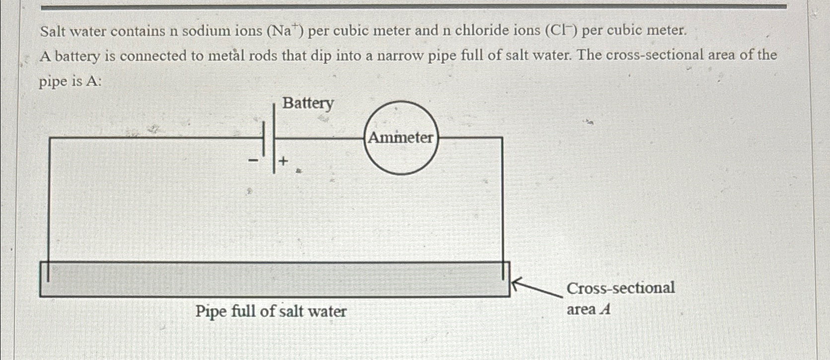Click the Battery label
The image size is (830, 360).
tap(308, 104)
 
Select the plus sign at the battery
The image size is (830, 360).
tap(283, 161)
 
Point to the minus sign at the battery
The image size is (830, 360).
tap(253, 160)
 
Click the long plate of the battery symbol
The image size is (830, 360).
tap(274, 138)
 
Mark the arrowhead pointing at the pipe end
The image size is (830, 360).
tap(515, 283)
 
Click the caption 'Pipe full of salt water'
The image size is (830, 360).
tap(271, 311)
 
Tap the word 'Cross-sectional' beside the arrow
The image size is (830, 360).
tap(620, 288)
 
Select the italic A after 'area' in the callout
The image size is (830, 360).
tap(604, 310)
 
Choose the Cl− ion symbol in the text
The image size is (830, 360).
tap(561, 31)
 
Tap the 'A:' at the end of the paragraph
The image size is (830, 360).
tap(93, 81)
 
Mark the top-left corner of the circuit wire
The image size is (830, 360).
tap(50, 138)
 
